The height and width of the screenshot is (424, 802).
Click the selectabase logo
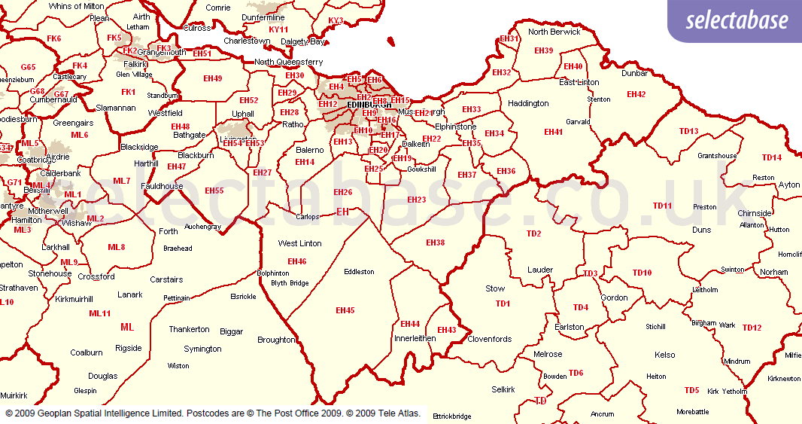[737, 20]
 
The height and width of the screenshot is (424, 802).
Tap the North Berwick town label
[554, 32]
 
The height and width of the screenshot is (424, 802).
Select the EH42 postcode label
[636, 94]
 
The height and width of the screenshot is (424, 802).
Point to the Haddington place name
[528, 103]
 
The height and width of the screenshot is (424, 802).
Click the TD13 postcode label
[688, 131]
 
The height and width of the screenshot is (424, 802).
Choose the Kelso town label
[665, 355]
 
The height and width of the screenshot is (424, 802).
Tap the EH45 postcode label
[345, 310]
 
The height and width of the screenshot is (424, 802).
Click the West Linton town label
[299, 243]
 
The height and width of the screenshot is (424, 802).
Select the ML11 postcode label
[100, 313]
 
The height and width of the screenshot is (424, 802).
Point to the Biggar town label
[232, 331]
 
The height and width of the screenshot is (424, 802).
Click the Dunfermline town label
[265, 17]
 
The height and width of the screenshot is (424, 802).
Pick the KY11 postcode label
[278, 29]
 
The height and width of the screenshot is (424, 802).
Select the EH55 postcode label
[214, 191]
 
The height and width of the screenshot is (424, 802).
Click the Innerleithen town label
[415, 339]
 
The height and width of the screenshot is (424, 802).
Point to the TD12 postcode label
[752, 328]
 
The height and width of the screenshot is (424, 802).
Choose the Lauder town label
[540, 270]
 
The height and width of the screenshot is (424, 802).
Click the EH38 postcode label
[435, 243]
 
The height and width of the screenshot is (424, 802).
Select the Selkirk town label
[503, 389]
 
